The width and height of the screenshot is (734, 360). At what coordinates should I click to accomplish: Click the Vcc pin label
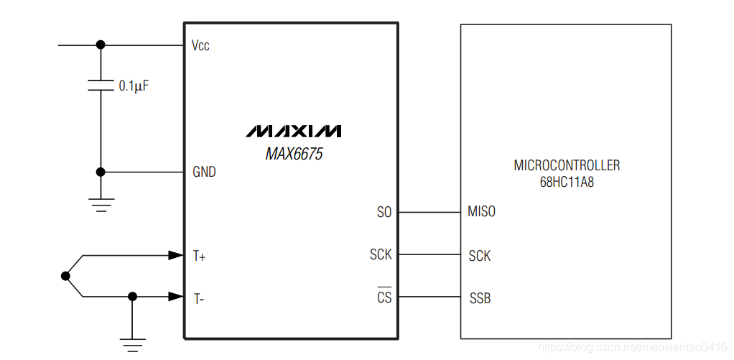[x=200, y=46]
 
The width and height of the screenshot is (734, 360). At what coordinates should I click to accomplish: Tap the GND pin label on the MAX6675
[x=204, y=172]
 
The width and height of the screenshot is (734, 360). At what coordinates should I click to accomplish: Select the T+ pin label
[x=199, y=256]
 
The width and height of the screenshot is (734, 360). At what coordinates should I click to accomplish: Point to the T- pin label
[x=198, y=297]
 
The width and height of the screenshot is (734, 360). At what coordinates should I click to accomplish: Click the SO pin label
[x=384, y=213]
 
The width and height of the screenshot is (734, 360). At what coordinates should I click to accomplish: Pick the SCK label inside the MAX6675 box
[x=381, y=255]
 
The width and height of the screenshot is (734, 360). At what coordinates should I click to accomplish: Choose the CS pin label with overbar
[x=384, y=297]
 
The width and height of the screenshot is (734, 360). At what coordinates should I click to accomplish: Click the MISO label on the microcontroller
[x=481, y=213]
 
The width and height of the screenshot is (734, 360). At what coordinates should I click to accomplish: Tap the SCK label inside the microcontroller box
[x=480, y=256]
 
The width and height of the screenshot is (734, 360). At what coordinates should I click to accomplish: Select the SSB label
[x=480, y=298]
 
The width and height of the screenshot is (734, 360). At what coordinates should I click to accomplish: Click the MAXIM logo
[x=294, y=131]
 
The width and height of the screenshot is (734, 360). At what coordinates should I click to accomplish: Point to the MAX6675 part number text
[x=294, y=154]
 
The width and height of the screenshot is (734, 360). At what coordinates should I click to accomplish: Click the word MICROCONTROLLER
[x=567, y=166]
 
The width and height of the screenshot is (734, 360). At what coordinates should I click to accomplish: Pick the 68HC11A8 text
[x=567, y=183]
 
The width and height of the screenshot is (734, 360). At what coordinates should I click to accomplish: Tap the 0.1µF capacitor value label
[x=134, y=86]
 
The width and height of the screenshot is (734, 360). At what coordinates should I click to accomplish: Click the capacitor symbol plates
[x=101, y=86]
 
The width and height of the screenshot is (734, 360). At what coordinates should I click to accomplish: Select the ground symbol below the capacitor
[x=101, y=205]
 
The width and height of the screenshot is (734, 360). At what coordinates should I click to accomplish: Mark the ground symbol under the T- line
[x=132, y=344]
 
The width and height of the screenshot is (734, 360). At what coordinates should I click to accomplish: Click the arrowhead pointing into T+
[x=175, y=255]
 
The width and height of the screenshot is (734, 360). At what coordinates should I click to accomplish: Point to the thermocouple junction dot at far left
[x=66, y=276]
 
